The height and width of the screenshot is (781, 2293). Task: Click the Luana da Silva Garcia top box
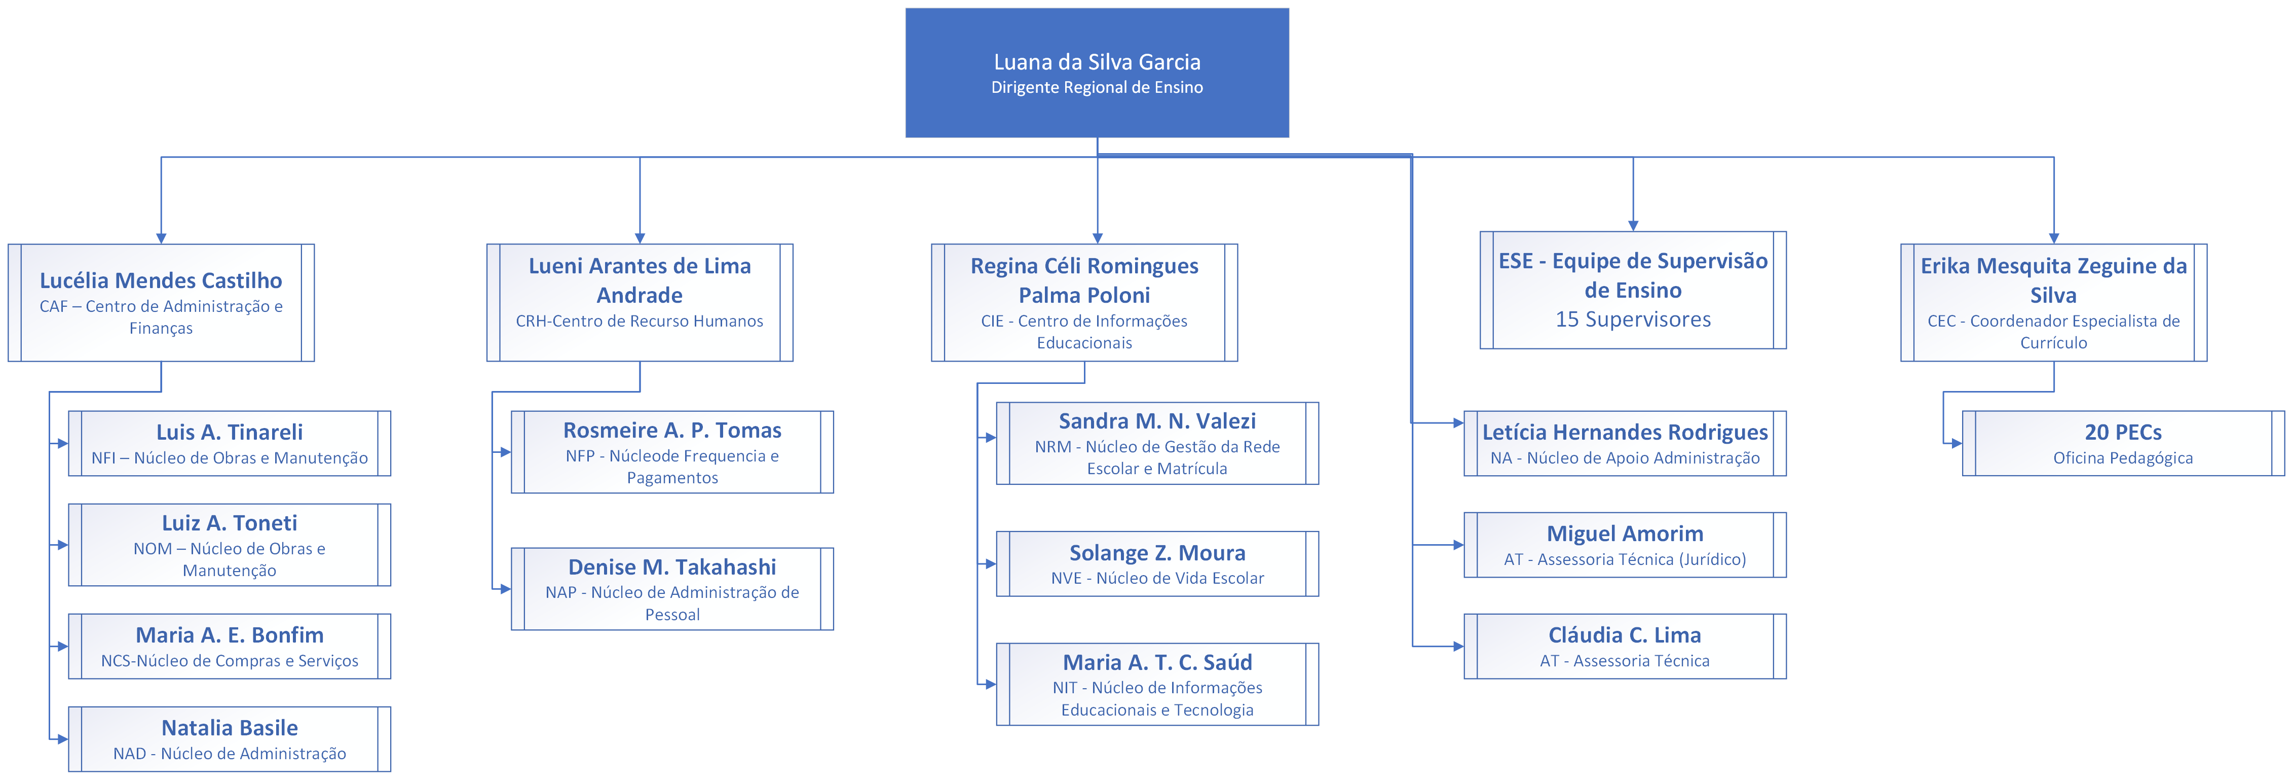pos(1097,73)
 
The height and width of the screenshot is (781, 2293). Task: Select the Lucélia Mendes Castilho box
pos(161,303)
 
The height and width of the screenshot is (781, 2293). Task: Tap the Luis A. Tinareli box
pos(230,443)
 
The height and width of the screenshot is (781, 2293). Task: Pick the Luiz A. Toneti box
pos(230,545)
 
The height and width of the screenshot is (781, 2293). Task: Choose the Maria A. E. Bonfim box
pos(230,647)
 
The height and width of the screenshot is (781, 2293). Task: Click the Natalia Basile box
pos(230,739)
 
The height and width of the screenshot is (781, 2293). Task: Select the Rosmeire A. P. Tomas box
pos(672,452)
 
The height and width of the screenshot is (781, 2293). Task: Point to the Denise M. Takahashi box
pos(672,589)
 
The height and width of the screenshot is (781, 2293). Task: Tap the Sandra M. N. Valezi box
pos(1157,443)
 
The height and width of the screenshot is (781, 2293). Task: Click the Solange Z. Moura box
pos(1157,564)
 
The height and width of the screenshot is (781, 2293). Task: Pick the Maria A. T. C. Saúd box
pos(1157,684)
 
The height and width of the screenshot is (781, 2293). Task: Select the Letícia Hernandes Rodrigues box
pos(1625,443)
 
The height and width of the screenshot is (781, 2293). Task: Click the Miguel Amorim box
pos(1625,545)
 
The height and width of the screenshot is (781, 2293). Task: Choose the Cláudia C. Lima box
pos(1625,647)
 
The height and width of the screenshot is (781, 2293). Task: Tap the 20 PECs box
pos(2123,443)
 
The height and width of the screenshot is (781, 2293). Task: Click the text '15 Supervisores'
pos(1633,319)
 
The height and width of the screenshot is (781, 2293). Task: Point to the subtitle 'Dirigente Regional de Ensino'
pos(1097,87)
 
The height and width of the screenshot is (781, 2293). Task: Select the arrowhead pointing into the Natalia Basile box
pos(62,739)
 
